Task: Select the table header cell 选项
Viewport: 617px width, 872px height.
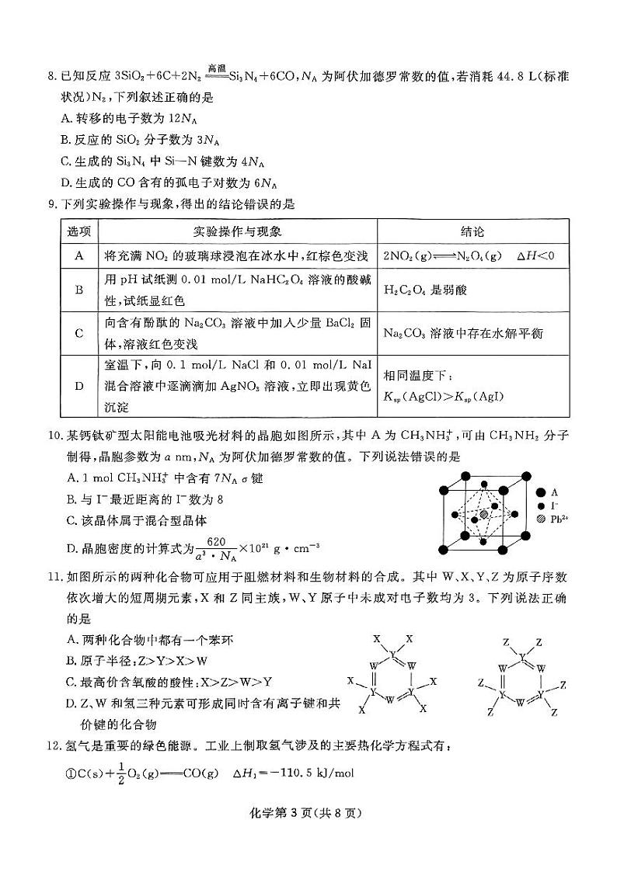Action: (x=79, y=232)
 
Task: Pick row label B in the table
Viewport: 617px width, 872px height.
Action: (x=79, y=289)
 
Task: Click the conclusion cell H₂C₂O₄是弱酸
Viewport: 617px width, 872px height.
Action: (x=419, y=289)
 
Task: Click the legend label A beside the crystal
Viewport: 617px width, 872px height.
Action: (x=553, y=492)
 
